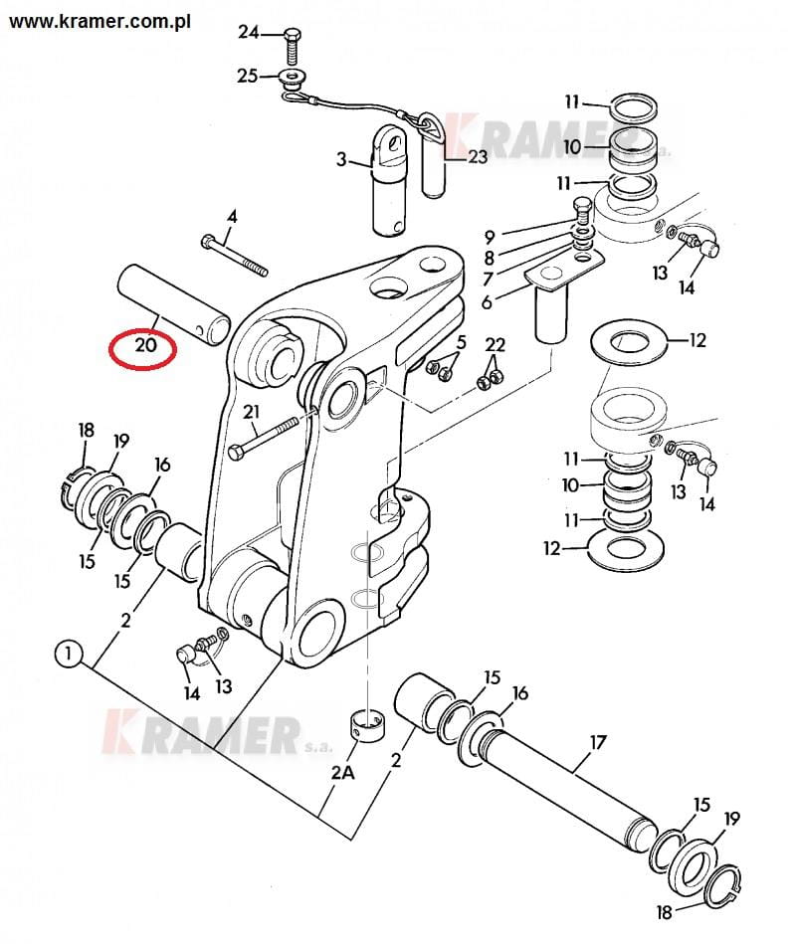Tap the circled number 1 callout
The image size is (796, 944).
point(68,653)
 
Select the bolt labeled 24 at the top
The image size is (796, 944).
point(291,45)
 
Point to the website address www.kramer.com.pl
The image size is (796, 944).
point(99,21)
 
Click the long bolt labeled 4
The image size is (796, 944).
point(234,257)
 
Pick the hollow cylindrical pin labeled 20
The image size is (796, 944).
point(174,300)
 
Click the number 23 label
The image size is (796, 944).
point(478,156)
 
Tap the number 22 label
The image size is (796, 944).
point(495,344)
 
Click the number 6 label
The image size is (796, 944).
point(487,301)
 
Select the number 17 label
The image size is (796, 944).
point(597,742)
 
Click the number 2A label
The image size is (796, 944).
point(342,772)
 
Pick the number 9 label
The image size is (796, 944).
point(490,237)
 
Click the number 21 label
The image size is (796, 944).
point(251,412)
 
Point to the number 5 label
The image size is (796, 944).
point(462,342)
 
